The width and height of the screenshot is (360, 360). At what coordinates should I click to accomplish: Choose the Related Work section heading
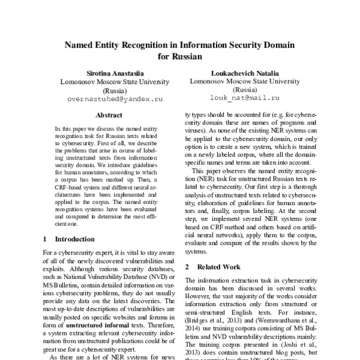218,266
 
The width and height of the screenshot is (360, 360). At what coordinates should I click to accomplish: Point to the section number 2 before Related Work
187,266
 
